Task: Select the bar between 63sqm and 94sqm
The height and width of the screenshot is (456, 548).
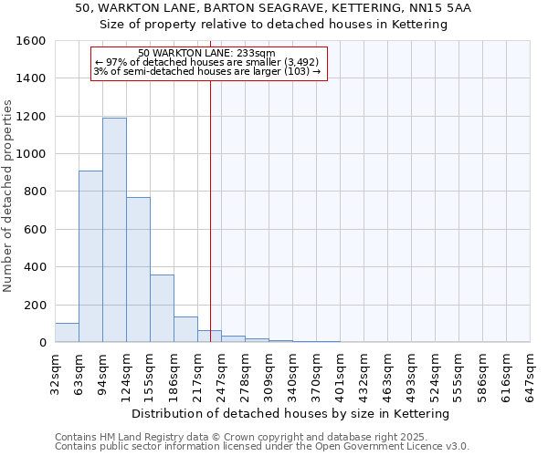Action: coord(90,256)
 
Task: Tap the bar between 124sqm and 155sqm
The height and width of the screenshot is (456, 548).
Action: coord(138,269)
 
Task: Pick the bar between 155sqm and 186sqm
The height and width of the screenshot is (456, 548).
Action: coord(162,308)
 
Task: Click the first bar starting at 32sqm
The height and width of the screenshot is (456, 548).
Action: coord(67,333)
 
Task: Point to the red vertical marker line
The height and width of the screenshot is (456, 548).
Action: coord(210,210)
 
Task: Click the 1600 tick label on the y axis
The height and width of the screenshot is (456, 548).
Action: coord(31,41)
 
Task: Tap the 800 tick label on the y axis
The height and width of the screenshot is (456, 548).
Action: coord(35,192)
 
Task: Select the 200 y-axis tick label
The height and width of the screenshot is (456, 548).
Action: coord(35,305)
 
